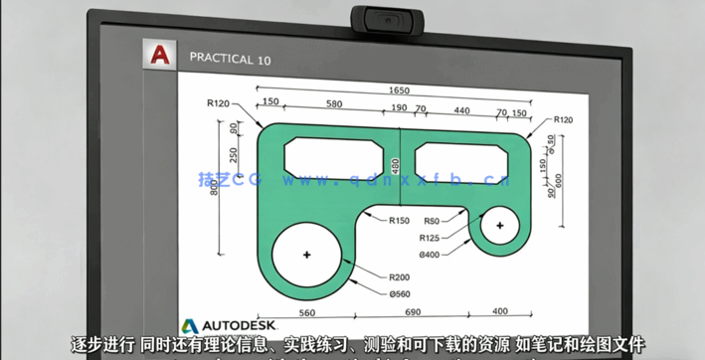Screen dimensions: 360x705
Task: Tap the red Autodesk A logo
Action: [x=157, y=58]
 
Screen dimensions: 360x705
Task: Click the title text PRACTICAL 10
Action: [x=230, y=59]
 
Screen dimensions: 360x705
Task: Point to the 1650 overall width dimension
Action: [x=399, y=90]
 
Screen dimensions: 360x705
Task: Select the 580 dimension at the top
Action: [x=333, y=103]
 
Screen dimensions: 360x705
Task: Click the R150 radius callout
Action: [x=399, y=221]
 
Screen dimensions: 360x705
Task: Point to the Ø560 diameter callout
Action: [x=400, y=294]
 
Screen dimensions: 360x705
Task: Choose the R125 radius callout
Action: [x=430, y=238]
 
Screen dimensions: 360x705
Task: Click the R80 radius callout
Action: [x=432, y=221]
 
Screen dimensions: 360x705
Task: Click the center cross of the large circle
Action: [x=306, y=257]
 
